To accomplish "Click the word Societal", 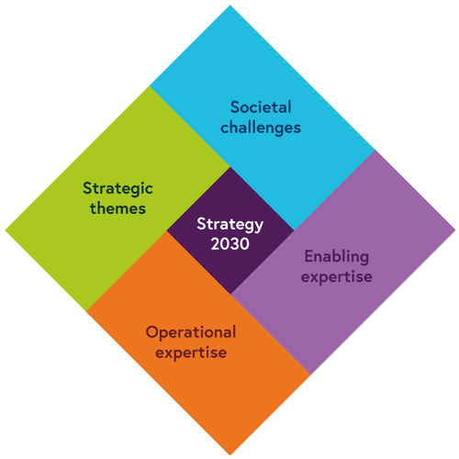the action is [x=261, y=107].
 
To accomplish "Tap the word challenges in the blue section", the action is [x=261, y=128].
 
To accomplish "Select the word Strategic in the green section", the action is [x=118, y=189].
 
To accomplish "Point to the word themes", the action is [x=118, y=208].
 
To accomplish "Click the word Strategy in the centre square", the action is [x=230, y=225].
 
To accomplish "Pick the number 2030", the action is [x=230, y=244].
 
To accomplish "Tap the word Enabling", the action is [x=337, y=257].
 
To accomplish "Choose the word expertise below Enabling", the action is [x=337, y=277].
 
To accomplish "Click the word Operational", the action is [x=191, y=333].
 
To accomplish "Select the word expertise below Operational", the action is [x=191, y=353].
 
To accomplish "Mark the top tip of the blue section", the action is [x=230, y=6].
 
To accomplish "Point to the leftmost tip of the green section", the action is [x=6, y=230].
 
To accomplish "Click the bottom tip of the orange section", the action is [x=230, y=455].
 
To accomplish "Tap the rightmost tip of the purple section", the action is [x=455, y=230].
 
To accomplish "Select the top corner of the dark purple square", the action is [x=230, y=167].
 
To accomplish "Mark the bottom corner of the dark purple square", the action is [x=230, y=294].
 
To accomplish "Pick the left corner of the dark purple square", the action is [x=167, y=230].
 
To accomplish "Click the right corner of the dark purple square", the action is [x=294, y=230].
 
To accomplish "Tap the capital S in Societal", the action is [x=236, y=107].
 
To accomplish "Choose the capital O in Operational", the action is [x=153, y=332].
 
